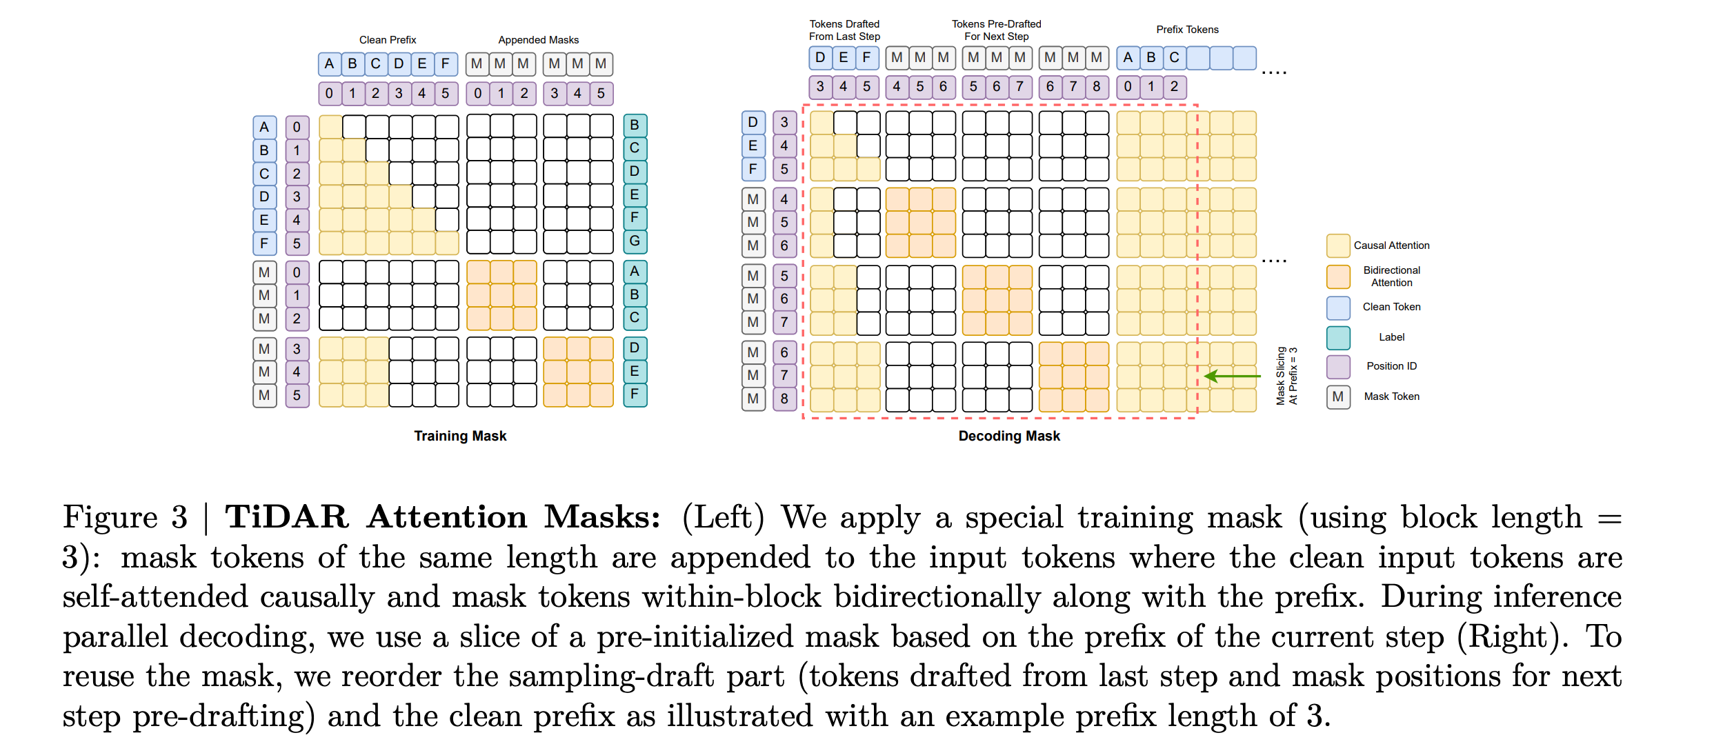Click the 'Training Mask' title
460,436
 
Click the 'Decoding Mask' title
1008,436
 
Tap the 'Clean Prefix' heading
388,40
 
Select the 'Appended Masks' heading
538,40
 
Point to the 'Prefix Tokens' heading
1187,30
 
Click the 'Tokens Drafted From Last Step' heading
844,30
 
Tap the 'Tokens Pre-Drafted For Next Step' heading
996,30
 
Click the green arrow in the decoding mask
1231,376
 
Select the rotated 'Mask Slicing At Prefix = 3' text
1286,375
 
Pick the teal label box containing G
635,241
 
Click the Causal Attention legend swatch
1338,245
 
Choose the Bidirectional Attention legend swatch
1338,277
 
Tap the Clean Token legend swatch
1338,308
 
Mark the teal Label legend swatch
1338,337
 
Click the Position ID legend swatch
1338,367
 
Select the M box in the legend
1338,396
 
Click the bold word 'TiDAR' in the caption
287,517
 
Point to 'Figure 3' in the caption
125,517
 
